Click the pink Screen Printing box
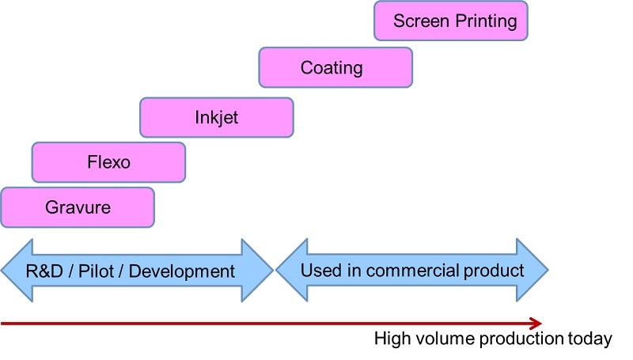(450, 21)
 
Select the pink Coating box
(335, 67)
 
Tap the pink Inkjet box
(216, 117)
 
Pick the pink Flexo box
(108, 162)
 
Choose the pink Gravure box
(78, 208)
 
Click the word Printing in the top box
(485, 21)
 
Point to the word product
(493, 271)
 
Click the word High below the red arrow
(391, 339)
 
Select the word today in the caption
(591, 339)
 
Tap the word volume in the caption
(436, 339)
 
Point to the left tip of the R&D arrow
(3, 271)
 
